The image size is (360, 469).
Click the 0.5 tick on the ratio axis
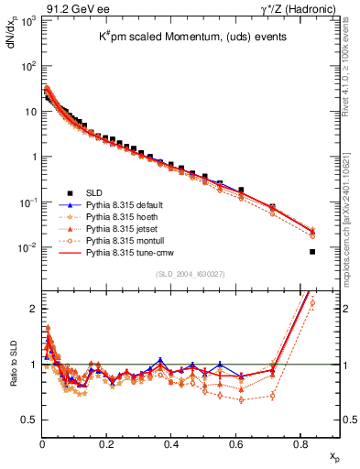coord(29,420)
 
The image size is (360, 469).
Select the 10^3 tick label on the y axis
coord(27,21)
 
